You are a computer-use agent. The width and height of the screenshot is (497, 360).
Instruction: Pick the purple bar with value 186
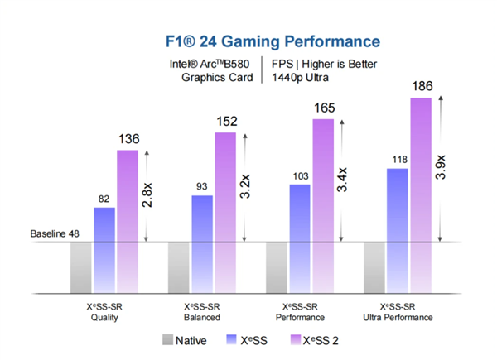click(x=421, y=170)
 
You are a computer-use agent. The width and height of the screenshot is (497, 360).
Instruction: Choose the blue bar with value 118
click(x=398, y=205)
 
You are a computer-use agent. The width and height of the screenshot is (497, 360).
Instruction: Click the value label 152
click(x=225, y=122)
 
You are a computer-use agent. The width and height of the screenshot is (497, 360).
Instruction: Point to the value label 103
click(x=300, y=176)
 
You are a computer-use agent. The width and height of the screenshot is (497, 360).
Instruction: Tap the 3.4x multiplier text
click(x=342, y=180)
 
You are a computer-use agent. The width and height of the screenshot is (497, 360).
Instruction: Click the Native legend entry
click(x=187, y=339)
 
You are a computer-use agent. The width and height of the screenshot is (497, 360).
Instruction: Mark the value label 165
click(x=323, y=108)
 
